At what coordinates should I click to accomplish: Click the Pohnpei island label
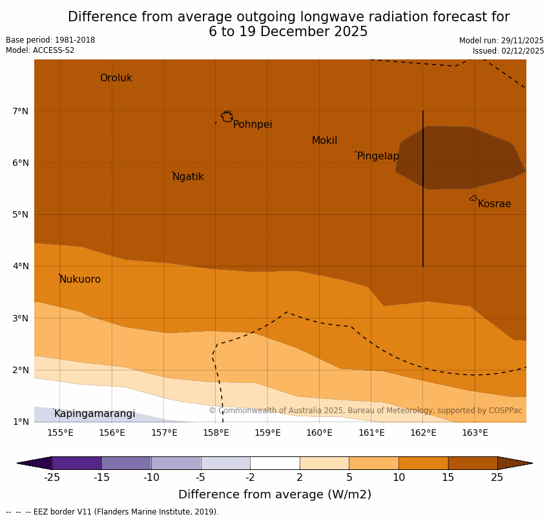pos(253,125)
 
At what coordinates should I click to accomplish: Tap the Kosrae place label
pos(494,204)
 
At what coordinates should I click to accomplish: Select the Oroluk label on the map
pos(116,78)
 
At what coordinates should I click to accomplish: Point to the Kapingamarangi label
pos(94,414)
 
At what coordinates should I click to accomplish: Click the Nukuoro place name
pos(80,280)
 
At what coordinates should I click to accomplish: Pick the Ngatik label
pos(188,177)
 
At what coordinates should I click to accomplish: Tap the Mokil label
pos(324,141)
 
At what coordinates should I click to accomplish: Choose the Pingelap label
pos(378,156)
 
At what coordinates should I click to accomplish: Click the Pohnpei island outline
pos(227,117)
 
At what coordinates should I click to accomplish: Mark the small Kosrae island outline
pos(473,198)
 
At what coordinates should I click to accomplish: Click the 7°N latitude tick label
pos(20,111)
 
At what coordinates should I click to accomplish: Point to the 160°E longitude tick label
pos(319,432)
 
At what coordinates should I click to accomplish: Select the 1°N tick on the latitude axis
pos(20,422)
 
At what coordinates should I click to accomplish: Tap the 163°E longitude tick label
pos(475,432)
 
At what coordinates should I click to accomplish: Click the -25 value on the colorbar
pos(52,478)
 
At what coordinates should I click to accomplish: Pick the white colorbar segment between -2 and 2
pos(274,463)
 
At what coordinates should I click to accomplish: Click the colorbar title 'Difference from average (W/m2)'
pos(274,495)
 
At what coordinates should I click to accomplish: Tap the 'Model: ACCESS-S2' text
pos(40,50)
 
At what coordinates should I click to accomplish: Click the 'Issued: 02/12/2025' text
pos(508,50)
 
